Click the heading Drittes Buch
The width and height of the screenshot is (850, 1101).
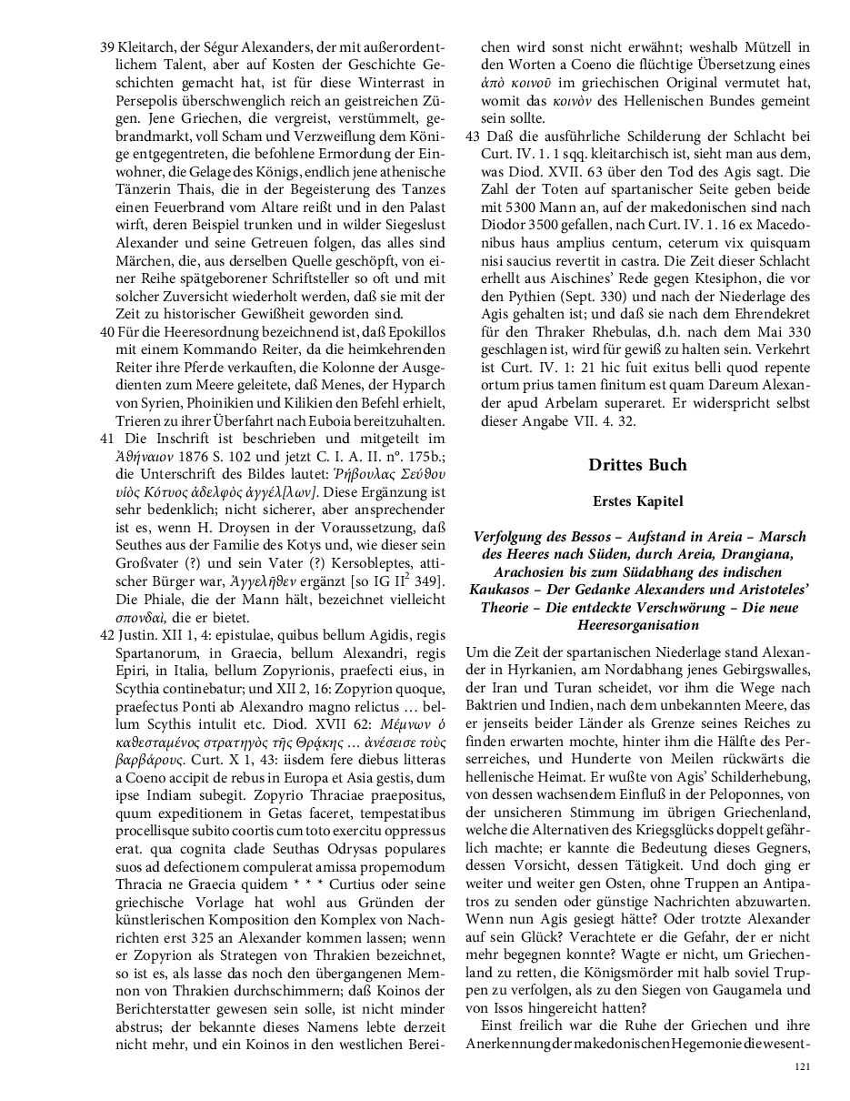[637, 465]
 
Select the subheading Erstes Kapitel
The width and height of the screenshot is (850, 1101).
[637, 500]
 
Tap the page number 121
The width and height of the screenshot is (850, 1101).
[802, 1066]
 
